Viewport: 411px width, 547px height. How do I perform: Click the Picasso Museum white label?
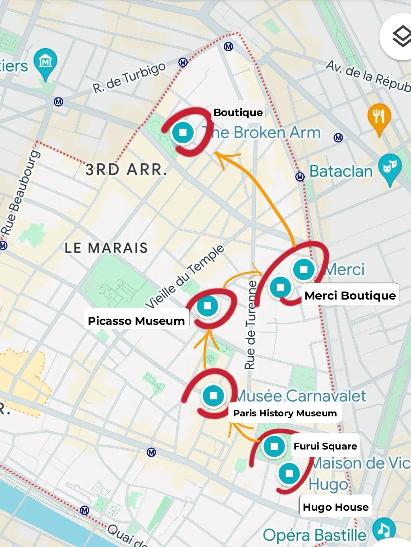coord(136,321)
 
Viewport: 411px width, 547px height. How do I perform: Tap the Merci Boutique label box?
coord(350,296)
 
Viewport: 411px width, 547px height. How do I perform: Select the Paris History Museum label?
coord(285,413)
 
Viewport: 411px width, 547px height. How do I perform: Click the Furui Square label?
coord(325,446)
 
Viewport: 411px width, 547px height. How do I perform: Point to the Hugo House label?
coord(336,507)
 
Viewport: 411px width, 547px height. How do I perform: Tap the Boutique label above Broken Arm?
coord(238,112)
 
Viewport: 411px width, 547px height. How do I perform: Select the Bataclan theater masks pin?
coord(390,167)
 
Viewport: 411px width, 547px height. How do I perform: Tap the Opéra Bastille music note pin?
coord(383,529)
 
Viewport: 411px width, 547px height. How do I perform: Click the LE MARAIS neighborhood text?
coord(106,248)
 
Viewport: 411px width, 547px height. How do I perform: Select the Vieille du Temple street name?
coord(185,277)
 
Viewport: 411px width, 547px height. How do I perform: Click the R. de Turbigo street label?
coord(130,78)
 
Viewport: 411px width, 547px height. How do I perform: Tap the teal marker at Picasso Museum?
coord(207,306)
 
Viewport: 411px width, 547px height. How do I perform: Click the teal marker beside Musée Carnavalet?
coord(213,395)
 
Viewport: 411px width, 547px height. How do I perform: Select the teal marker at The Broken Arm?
coord(183,132)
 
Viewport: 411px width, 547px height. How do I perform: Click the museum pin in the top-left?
coord(45,62)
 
